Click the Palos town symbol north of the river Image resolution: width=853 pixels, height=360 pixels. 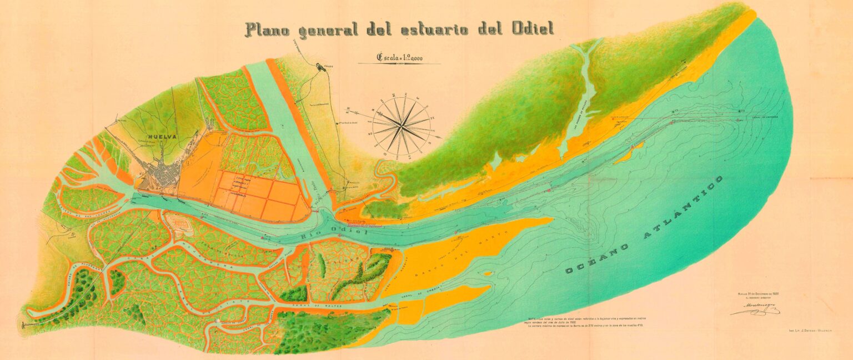322,68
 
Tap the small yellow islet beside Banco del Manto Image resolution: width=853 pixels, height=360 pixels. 488,273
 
